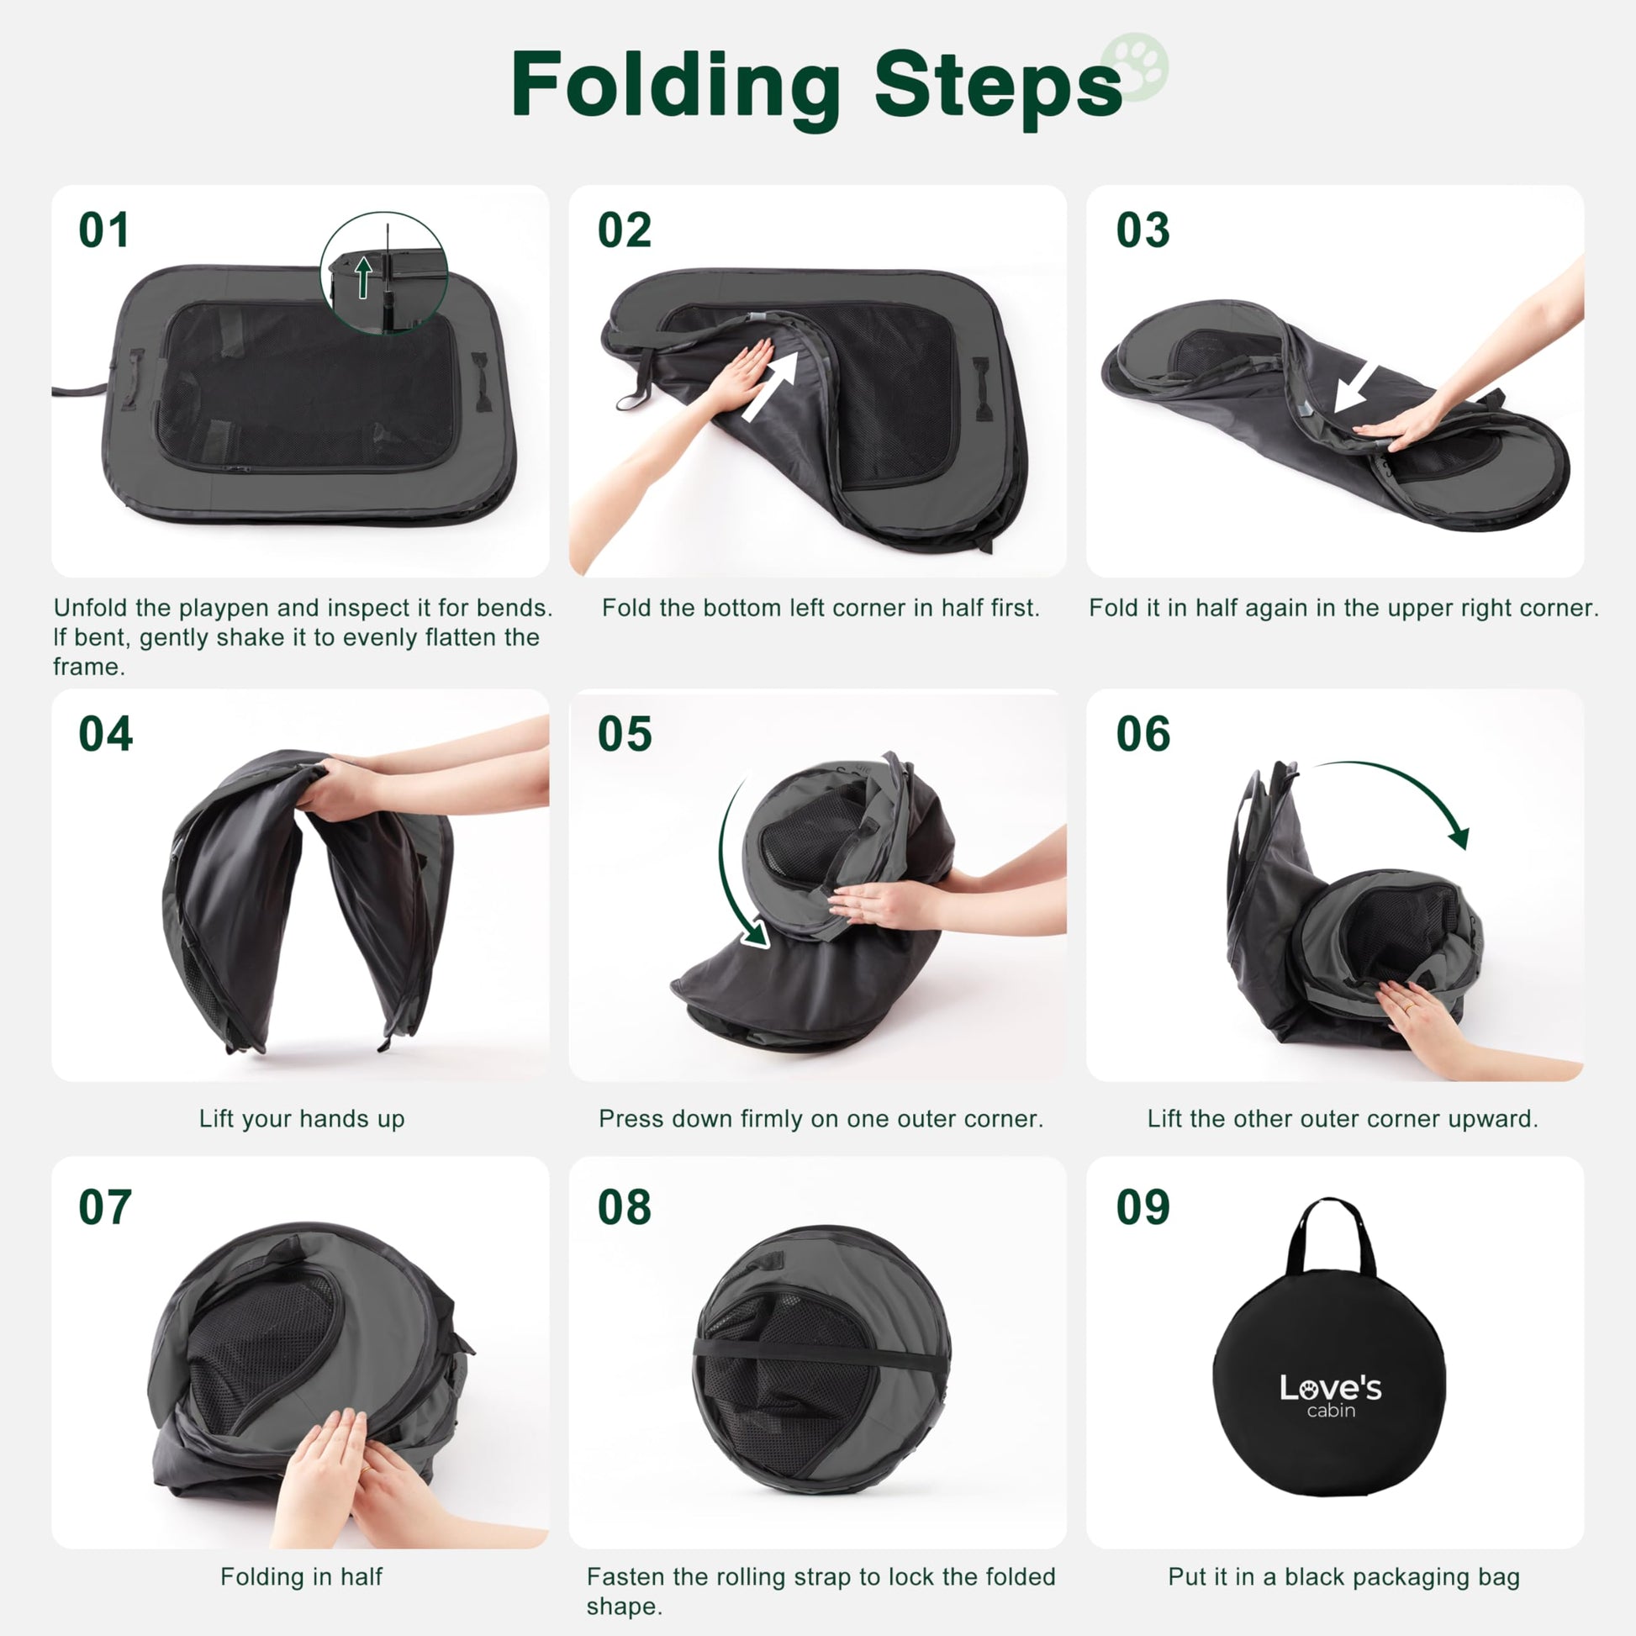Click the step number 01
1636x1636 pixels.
104,230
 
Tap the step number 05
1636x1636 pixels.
625,734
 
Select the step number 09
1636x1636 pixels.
1143,1206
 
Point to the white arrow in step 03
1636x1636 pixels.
1357,387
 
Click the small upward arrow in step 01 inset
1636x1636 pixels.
363,277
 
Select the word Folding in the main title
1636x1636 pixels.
676,87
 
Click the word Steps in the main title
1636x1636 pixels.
998,87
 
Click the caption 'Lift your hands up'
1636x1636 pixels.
302,1119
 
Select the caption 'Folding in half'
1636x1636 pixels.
302,1576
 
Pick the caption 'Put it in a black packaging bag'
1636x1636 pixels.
1343,1576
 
